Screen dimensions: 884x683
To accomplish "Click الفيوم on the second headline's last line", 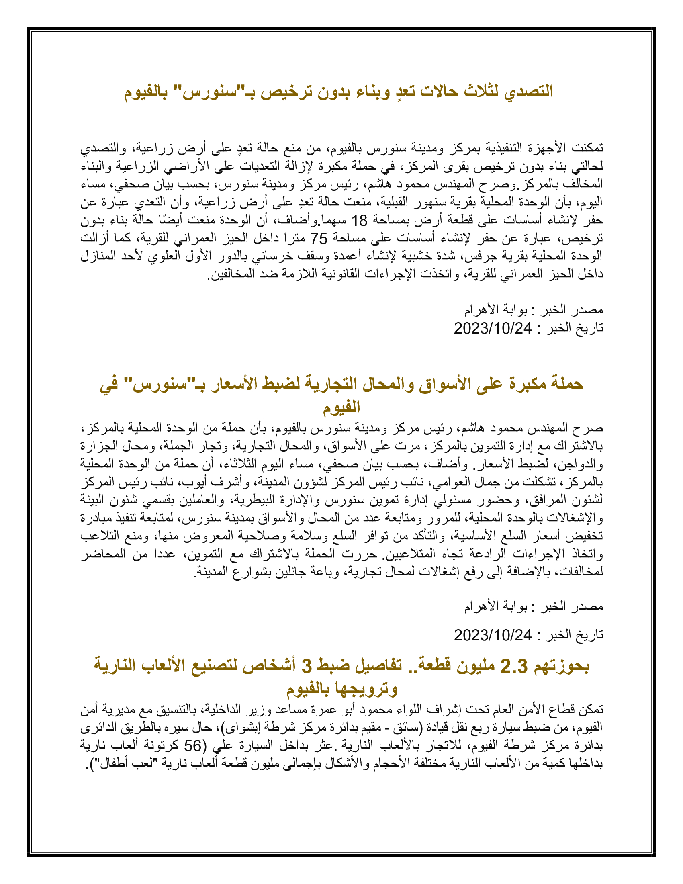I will coord(341,406).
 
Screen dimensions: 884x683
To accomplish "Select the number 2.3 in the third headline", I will coord(514,666).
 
